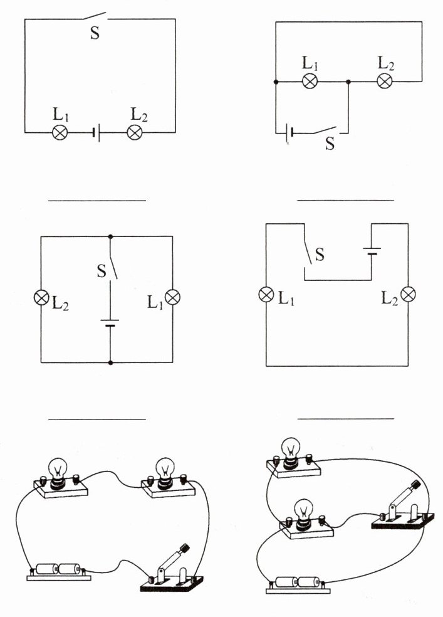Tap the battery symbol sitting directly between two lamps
(x=96, y=132)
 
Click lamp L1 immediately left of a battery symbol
(x=60, y=132)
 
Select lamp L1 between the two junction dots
(x=309, y=82)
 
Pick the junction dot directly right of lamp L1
(x=348, y=82)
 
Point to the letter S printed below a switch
(x=330, y=144)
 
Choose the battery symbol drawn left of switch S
(x=289, y=132)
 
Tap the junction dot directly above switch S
(x=110, y=237)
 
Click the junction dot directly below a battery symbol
(x=110, y=362)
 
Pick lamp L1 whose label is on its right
(x=266, y=294)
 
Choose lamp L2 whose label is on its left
(x=408, y=294)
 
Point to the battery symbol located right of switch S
(x=371, y=252)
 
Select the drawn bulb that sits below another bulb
(x=303, y=509)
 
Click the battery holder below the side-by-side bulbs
(x=59, y=570)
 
